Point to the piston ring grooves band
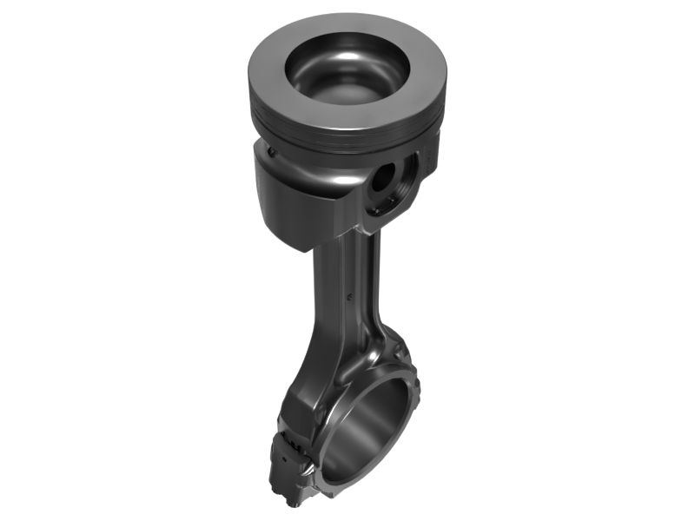347,130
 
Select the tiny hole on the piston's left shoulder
272,154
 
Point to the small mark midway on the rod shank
348,295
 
